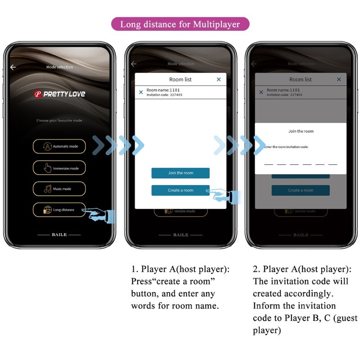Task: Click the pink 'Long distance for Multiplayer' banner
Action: coord(180,24)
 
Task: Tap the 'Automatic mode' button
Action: coord(59,146)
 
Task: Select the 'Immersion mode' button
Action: coord(59,168)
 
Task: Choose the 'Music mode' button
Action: coord(59,189)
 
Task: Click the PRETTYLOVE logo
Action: coord(59,94)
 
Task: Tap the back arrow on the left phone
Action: coord(13,67)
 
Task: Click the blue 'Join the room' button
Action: coord(180,173)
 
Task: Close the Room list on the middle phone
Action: coord(219,80)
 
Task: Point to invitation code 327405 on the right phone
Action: coord(296,95)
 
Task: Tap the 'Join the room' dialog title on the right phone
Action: coord(301,131)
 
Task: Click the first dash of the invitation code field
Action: coord(269,164)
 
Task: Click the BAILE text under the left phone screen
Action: coord(59,235)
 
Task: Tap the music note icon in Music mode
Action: coord(47,189)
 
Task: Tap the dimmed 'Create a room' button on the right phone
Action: coord(301,190)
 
